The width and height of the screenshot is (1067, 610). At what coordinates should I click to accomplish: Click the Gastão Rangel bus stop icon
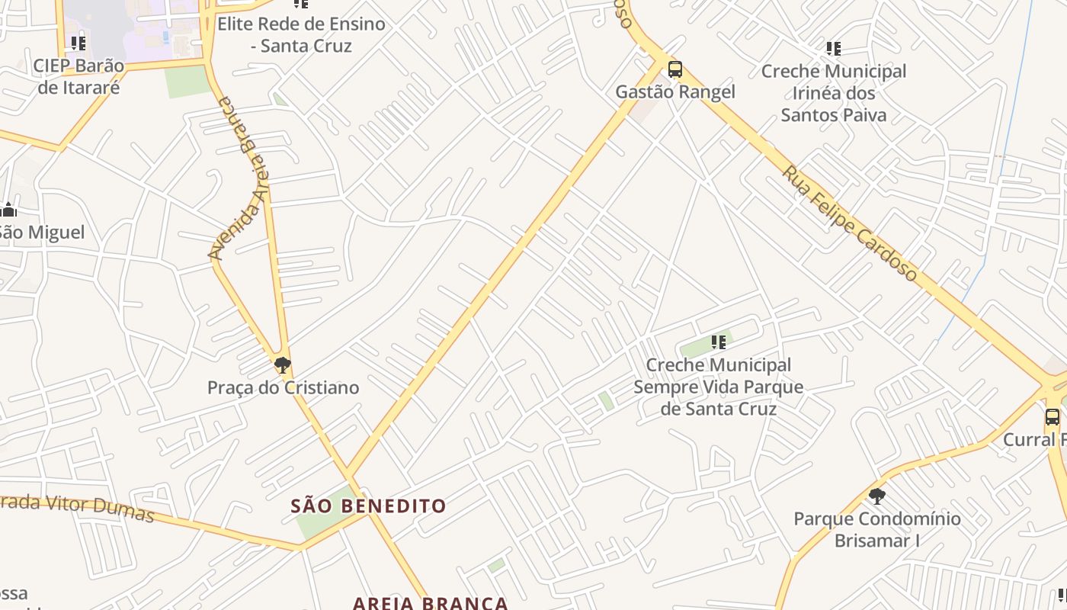pos(674,69)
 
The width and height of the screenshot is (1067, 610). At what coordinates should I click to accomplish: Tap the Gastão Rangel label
pos(674,92)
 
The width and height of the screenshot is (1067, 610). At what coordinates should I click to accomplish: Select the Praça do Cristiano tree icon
pos(283,365)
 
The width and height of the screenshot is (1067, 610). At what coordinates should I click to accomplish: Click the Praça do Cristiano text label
pos(283,387)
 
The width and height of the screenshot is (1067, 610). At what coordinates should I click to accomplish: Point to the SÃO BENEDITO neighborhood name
pos(368,506)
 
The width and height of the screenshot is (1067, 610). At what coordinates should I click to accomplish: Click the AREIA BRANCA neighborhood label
pos(430,602)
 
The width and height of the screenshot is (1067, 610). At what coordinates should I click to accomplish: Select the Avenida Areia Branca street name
pos(241,177)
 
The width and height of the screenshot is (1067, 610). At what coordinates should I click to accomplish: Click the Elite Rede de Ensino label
pos(301,34)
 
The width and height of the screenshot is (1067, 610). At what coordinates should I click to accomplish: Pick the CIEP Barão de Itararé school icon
pos(78,43)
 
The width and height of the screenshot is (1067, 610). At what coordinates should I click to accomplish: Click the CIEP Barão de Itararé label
pos(79,76)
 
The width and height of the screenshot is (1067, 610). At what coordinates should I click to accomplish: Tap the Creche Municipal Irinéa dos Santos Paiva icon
pos(834,49)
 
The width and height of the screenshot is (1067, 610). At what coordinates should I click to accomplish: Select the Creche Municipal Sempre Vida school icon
pos(718,342)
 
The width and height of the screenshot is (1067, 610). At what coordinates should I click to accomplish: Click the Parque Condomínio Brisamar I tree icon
pos(877,496)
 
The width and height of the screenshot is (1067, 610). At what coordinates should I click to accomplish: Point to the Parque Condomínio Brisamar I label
pos(877,530)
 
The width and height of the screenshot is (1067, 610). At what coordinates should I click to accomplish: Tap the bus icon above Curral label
pos(1052,417)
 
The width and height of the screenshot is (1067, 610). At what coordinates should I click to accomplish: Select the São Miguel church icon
pos(8,210)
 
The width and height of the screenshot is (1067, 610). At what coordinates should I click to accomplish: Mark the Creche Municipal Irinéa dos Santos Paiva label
pos(834,93)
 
